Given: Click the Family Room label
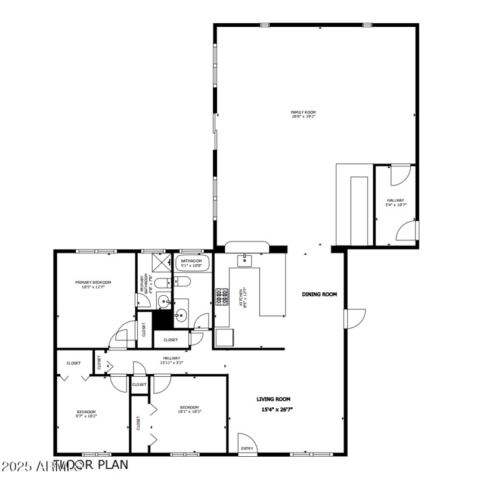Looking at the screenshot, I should coord(303,112).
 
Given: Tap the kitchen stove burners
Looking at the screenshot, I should coord(222,296).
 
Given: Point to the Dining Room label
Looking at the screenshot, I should coord(320,294).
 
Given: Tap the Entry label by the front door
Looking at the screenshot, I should coord(247,448).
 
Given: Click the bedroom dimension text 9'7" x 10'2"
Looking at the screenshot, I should coord(86,416).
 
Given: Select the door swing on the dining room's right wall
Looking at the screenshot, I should coord(355,318).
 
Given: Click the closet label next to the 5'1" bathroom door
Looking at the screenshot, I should coord(171,340).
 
